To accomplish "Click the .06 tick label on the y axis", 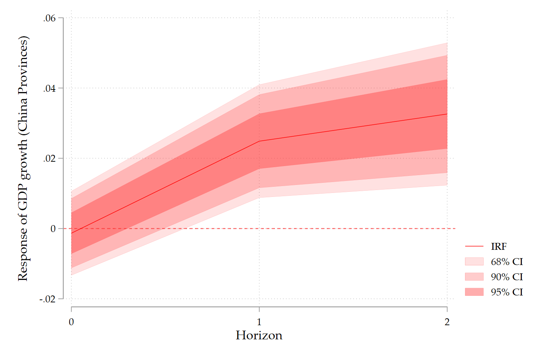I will [x=49, y=18].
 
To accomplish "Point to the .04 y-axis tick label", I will [x=49, y=88].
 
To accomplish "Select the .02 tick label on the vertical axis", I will [x=49, y=158].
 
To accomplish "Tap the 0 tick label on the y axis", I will [x=53, y=229].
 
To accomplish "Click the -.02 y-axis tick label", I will [x=48, y=299].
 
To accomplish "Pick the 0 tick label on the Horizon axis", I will [x=71, y=322].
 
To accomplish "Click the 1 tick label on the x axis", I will [x=259, y=322].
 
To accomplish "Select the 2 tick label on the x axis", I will [x=447, y=322].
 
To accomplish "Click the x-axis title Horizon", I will [x=259, y=335].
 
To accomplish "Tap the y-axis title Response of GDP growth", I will [x=23, y=158].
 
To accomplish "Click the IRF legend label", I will [x=499, y=247].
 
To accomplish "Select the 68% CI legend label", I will [x=507, y=262].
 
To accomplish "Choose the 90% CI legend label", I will [x=507, y=277].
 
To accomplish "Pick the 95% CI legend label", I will [x=507, y=292].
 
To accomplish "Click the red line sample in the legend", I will [x=474, y=247].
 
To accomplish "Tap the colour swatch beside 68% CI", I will [x=474, y=262].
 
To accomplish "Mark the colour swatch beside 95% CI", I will [x=474, y=292].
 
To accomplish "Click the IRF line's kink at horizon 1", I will [x=259, y=141].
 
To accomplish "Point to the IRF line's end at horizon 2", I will [x=447, y=114].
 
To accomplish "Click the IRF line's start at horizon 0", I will [x=71, y=233].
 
